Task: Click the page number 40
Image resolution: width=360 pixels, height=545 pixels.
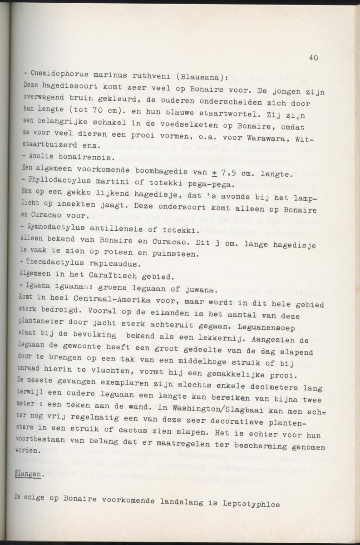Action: click(313, 57)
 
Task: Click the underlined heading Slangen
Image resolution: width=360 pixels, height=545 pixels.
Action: click(29, 474)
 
